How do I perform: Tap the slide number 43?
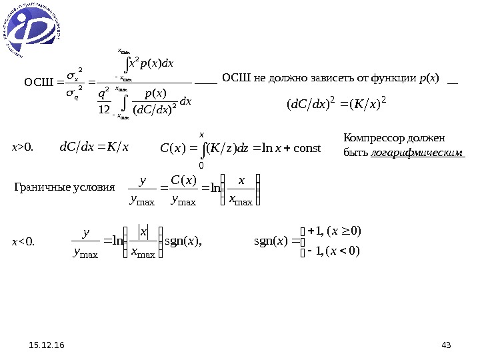(446, 345)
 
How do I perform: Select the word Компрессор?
(370, 139)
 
